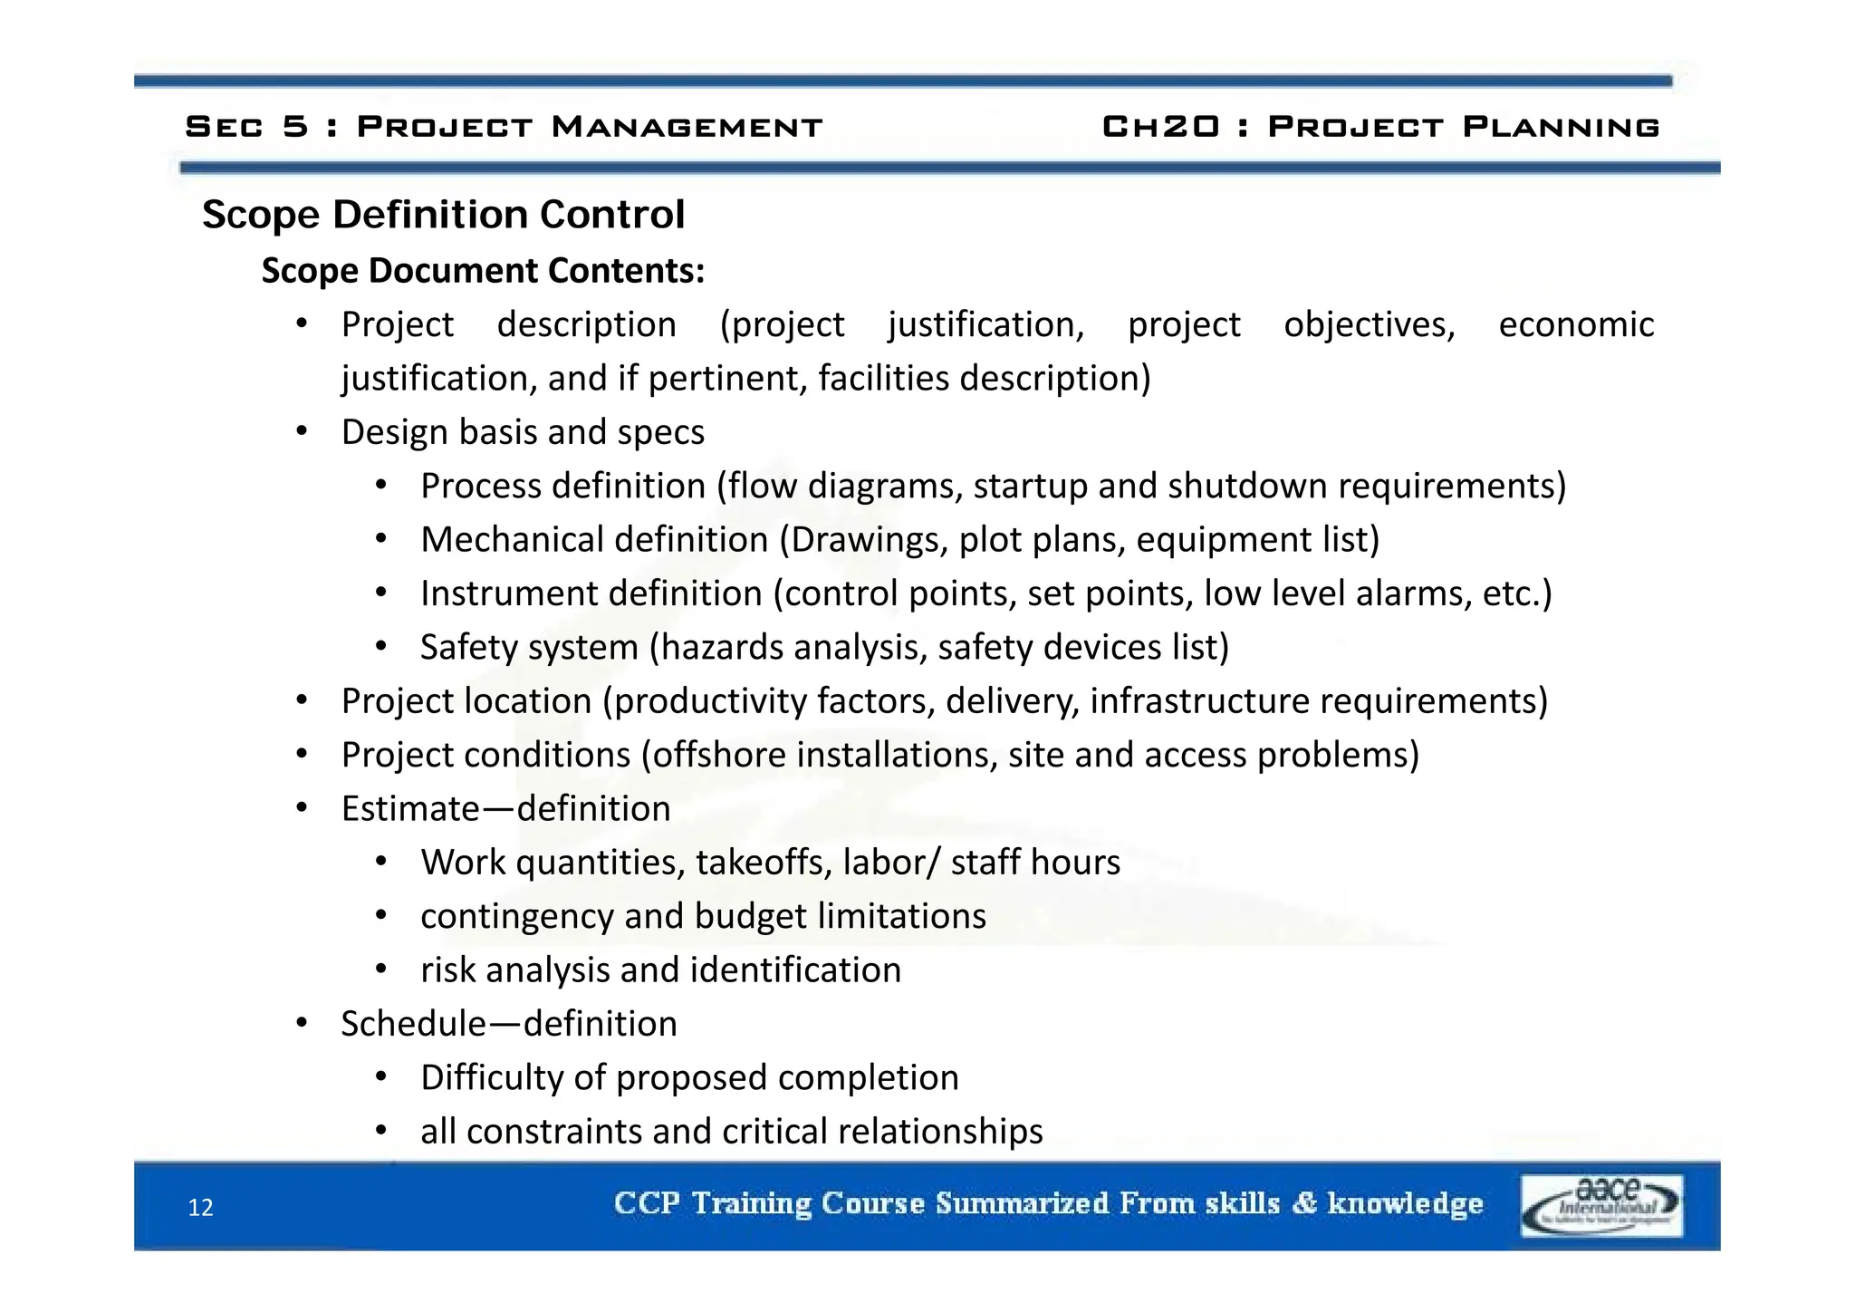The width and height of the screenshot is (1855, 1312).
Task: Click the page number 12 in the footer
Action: [x=200, y=1208]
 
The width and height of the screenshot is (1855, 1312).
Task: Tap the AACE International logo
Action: [x=1600, y=1205]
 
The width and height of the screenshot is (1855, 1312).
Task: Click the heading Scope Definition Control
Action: [x=443, y=216]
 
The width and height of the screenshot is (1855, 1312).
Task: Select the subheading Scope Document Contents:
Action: [x=483, y=271]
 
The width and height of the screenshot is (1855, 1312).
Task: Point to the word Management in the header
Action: [x=687, y=127]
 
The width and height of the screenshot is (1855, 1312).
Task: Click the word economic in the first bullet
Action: [x=1575, y=324]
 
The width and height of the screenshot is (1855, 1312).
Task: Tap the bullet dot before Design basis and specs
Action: [x=303, y=431]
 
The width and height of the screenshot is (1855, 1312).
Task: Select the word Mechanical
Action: [x=504, y=540]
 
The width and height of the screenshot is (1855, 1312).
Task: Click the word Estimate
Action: [x=409, y=808]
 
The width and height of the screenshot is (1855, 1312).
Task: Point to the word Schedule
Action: [x=413, y=1024]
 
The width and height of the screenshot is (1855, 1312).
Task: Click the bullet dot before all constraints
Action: [x=381, y=1131]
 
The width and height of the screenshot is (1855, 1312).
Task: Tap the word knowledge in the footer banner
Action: [x=1405, y=1204]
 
